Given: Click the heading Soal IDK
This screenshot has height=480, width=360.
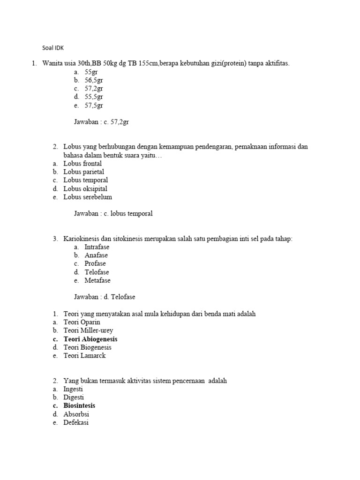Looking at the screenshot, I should pos(56,47).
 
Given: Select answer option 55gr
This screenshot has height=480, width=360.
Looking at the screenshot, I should pos(91,72).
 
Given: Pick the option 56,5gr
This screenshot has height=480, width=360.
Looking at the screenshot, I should pos(94,81).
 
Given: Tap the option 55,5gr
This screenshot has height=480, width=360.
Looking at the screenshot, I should pos(94,97).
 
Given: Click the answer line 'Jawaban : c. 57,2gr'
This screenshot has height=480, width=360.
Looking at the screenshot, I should pos(101,122).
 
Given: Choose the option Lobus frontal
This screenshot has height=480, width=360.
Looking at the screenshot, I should pos(82,164).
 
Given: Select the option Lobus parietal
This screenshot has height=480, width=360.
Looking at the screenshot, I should pos(84,172).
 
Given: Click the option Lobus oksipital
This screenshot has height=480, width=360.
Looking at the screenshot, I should pos(85,189).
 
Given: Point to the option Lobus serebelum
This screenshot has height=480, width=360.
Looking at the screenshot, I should pos(88,197).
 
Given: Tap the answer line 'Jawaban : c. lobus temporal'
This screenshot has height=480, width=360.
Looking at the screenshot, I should pos(113,214).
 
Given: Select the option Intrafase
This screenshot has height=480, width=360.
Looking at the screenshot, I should pos(97,247).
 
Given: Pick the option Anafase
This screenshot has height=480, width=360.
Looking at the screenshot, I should pos(96,255).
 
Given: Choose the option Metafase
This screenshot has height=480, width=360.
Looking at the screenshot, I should pos(97,281).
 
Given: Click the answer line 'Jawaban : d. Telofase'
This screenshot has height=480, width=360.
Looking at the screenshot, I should pos(105,297).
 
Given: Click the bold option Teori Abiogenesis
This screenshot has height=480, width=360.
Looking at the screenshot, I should pos(90,339).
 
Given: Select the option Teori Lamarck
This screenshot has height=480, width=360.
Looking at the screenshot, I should pos(84,356).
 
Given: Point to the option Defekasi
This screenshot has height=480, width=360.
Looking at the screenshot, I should pos(76,423).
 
